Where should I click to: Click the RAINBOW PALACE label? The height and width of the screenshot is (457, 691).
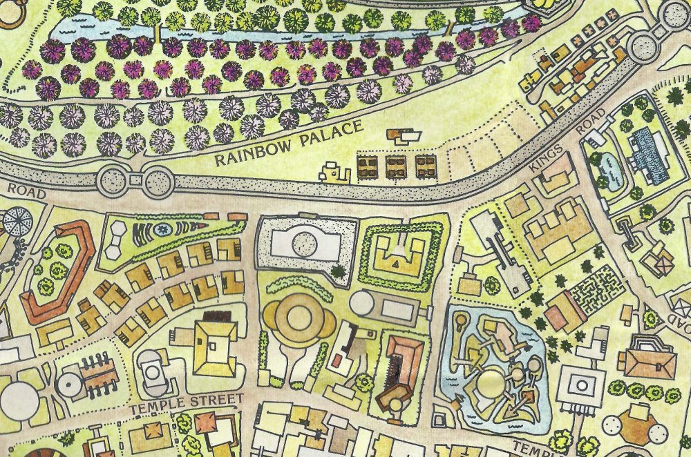coord(288,144)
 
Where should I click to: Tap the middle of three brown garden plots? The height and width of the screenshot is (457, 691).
coord(396,166)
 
